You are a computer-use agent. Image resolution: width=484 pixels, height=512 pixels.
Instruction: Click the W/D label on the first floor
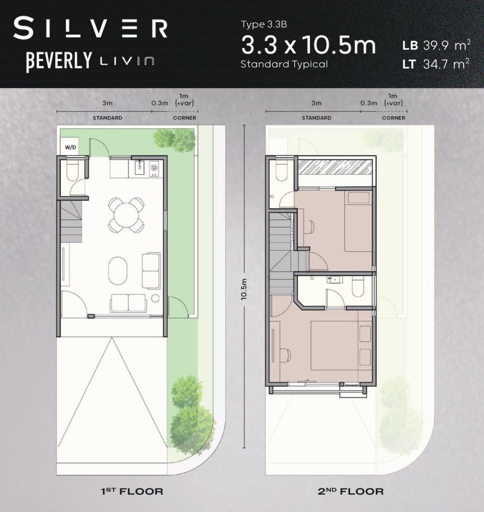point(70,147)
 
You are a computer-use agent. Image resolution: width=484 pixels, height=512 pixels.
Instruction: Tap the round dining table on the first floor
point(126,215)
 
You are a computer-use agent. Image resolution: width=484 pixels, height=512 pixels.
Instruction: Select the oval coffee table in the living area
point(118,270)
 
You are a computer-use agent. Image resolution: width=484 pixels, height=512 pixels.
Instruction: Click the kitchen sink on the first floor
point(140,169)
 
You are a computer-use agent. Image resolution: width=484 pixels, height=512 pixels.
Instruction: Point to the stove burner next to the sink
point(153,168)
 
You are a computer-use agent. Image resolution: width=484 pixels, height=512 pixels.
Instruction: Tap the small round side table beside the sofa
point(155,298)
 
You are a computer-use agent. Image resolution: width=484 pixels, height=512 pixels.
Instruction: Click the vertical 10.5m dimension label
point(244,289)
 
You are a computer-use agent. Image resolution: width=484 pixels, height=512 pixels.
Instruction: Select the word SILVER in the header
point(90,28)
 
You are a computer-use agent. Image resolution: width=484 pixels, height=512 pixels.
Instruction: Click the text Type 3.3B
point(264,24)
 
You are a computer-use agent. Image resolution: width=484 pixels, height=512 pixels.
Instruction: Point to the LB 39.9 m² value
point(436,45)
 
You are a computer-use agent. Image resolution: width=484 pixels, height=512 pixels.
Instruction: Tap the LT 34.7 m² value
point(436,63)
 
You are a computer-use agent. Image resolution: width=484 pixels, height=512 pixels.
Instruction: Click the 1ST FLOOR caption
point(131,491)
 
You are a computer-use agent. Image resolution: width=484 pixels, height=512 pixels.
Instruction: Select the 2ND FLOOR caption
point(350,491)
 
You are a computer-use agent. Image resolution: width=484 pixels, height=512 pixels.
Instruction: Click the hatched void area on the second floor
point(335,167)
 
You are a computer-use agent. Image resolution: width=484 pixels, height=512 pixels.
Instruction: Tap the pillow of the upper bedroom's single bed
point(358,198)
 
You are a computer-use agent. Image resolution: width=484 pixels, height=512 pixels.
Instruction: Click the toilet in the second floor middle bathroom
point(358,286)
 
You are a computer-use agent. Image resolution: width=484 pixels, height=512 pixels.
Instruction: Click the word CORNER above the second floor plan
point(393,118)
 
